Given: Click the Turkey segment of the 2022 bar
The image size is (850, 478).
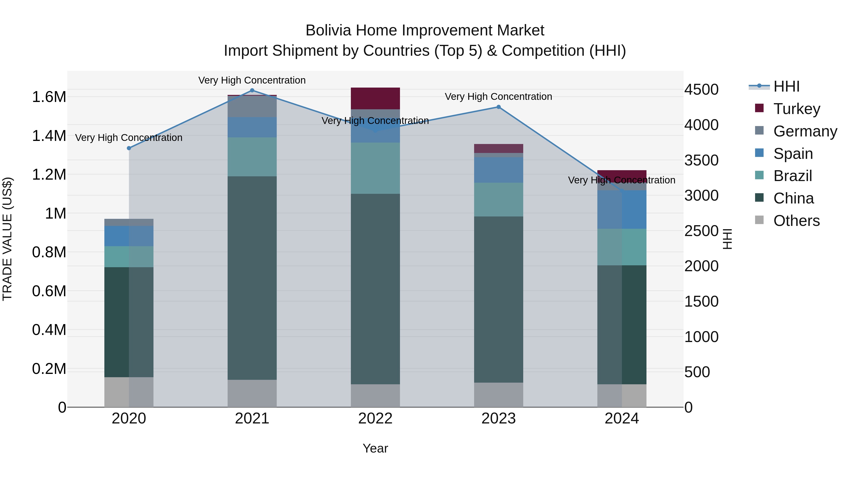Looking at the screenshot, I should [375, 98].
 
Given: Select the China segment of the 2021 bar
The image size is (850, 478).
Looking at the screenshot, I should [252, 278].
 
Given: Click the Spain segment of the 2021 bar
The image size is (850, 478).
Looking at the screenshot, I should [252, 127].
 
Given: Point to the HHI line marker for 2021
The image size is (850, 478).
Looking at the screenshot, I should [252, 90].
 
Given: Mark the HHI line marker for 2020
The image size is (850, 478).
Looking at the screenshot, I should [129, 148].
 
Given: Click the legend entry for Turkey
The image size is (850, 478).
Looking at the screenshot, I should [796, 109].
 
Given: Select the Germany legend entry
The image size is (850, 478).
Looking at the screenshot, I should [804, 131].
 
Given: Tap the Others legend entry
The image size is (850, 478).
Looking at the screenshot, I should [796, 221].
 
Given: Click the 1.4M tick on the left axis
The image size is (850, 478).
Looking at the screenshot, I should [49, 136].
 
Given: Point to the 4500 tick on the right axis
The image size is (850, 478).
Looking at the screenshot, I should [701, 89].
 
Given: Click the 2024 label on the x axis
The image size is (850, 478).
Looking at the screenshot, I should [621, 419].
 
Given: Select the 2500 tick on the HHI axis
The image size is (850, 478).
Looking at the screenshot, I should [701, 231].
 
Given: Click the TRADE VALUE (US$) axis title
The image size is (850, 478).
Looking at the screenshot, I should [7, 239].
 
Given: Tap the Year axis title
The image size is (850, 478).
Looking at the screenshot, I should [375, 448].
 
